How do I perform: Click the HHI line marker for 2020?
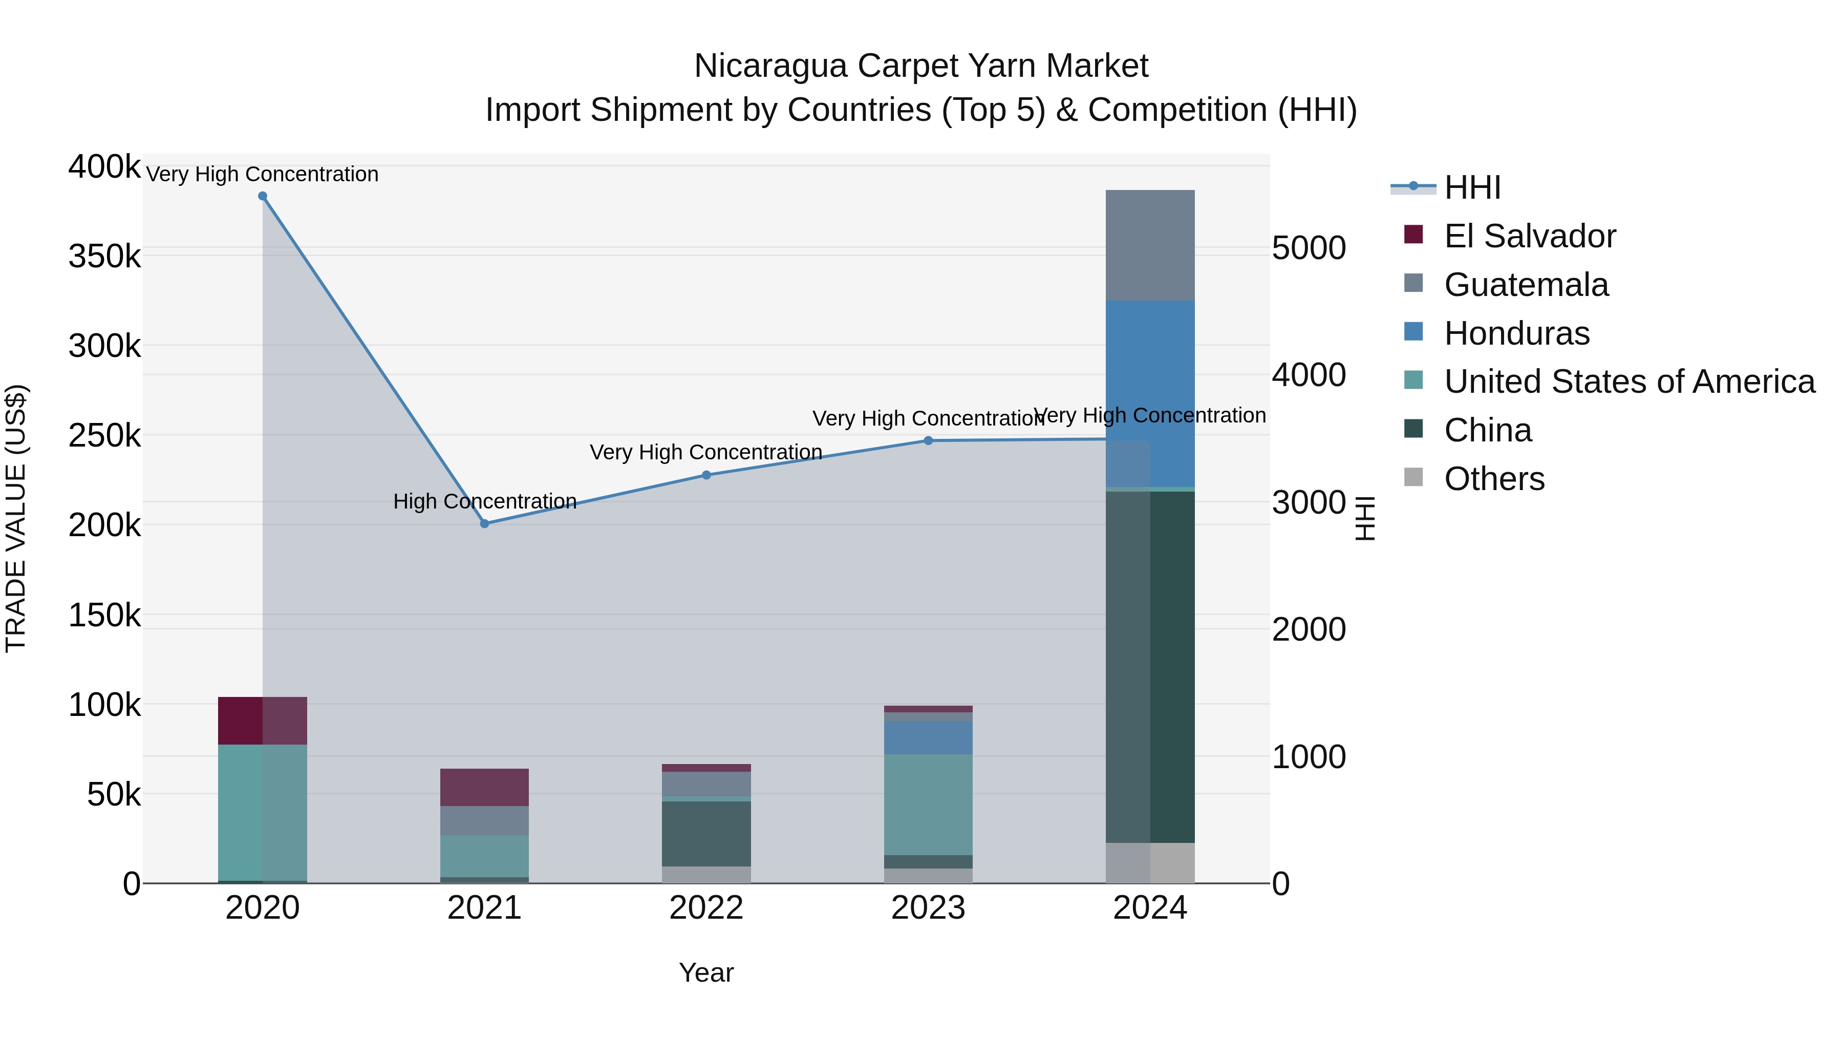(263, 196)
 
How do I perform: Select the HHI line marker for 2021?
(484, 524)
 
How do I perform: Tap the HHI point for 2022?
(706, 475)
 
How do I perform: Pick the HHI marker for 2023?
(928, 441)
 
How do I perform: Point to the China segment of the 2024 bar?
(1150, 666)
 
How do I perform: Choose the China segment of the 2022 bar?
(706, 834)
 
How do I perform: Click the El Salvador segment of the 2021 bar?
(484, 787)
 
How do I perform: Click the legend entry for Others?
(1494, 479)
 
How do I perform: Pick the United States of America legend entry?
(1628, 382)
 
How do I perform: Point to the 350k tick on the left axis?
(104, 256)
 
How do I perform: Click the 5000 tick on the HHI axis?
(1309, 248)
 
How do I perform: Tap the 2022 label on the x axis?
(706, 908)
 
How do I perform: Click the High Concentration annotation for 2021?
(484, 501)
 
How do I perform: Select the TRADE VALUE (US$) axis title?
(16, 518)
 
